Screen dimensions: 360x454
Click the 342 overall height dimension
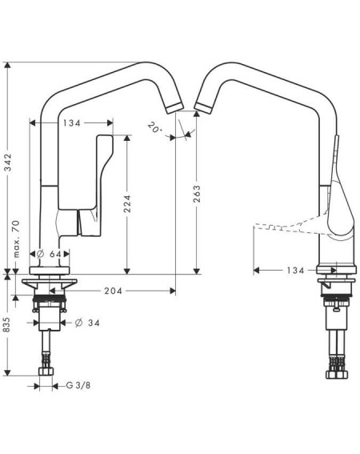(x=8, y=162)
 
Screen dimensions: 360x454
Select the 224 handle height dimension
(x=127, y=203)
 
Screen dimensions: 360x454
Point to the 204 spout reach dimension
(x=113, y=291)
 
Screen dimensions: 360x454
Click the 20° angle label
(x=154, y=127)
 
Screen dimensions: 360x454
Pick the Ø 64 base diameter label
(x=49, y=254)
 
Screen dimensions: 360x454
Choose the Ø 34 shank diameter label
(x=87, y=323)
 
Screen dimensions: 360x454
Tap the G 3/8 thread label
(x=78, y=385)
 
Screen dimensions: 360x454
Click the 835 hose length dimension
(x=6, y=324)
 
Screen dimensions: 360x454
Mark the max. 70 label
(x=17, y=239)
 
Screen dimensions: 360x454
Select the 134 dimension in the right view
(x=295, y=271)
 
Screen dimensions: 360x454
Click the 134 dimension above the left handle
(x=72, y=123)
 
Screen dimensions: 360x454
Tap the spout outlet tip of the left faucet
(x=174, y=108)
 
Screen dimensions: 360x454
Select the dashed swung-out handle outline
(x=290, y=225)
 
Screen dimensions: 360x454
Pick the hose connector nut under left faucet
(x=46, y=372)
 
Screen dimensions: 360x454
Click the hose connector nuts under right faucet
(x=336, y=374)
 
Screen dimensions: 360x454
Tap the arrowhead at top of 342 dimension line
(x=7, y=65)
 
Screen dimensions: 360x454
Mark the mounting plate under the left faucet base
(x=50, y=283)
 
